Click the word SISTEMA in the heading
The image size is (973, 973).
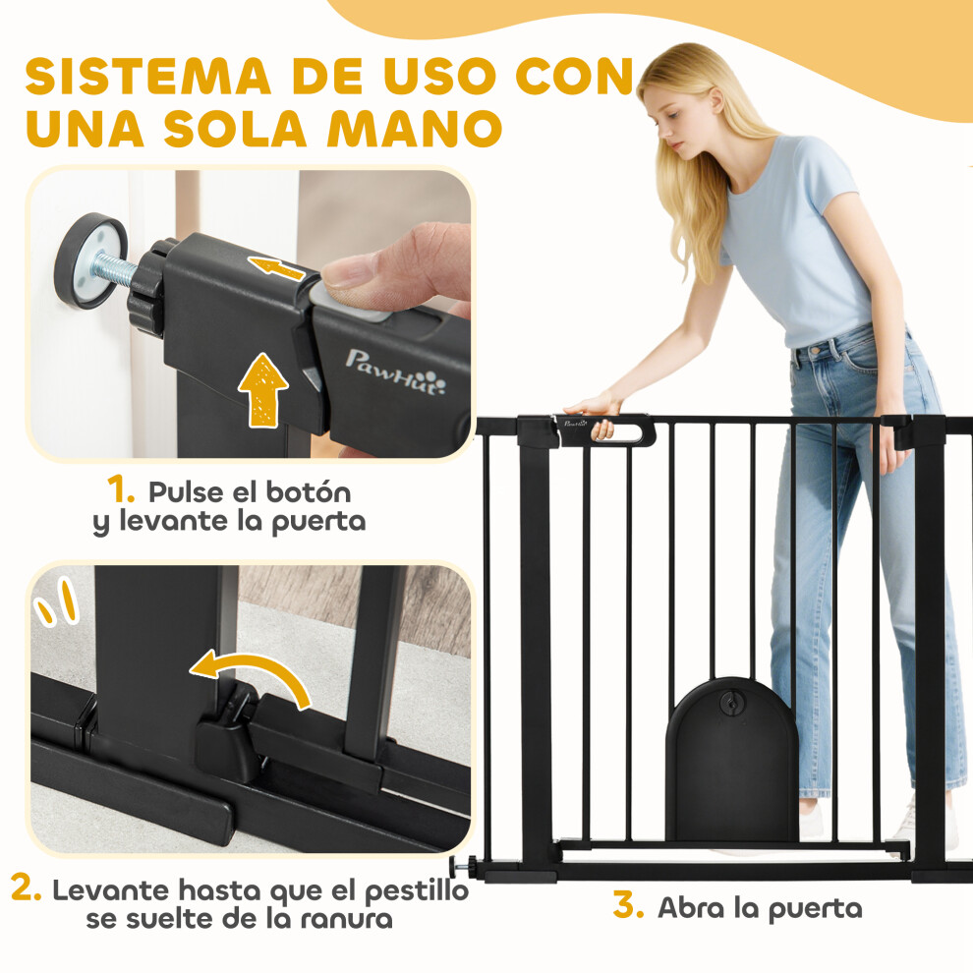[148, 77]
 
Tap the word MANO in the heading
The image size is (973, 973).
[415, 129]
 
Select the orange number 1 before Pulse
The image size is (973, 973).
[120, 489]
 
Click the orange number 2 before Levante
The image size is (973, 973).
[27, 888]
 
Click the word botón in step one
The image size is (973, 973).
[311, 492]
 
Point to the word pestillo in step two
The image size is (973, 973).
[417, 892]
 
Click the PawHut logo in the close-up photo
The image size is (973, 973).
[395, 372]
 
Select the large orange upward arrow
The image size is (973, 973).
[263, 390]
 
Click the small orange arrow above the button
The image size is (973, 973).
[277, 266]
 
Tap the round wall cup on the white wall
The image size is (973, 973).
[90, 260]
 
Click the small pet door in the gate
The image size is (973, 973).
[731, 759]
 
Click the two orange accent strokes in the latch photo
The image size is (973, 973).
[56, 601]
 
